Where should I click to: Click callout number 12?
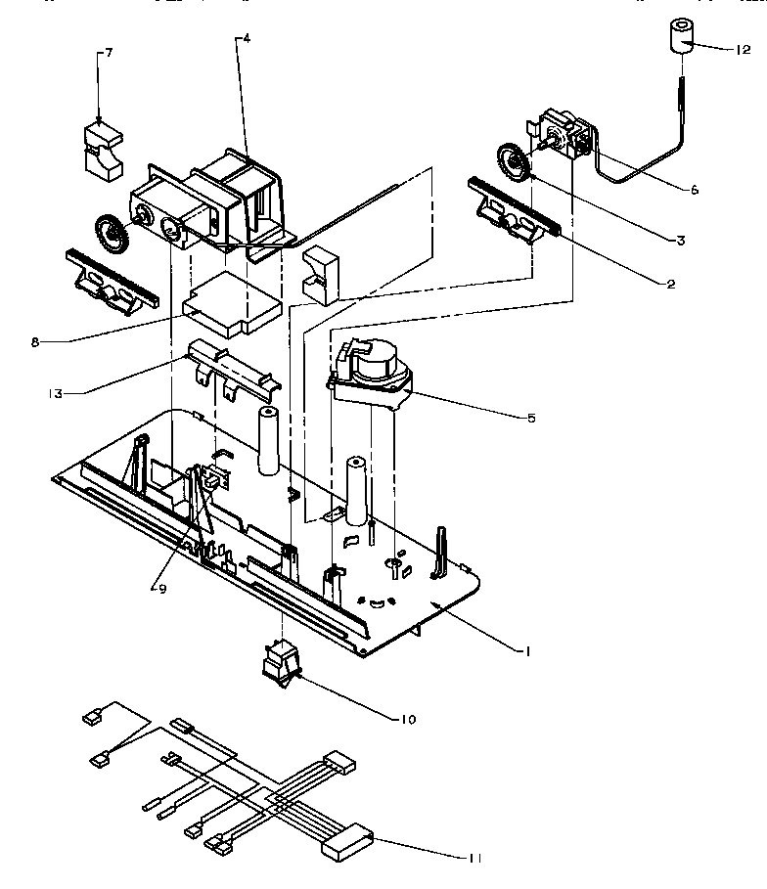click(743, 48)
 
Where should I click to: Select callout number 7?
click(108, 53)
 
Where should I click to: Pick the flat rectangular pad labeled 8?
click(232, 302)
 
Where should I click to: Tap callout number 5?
click(531, 418)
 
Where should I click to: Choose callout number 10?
click(407, 720)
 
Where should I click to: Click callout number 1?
click(527, 650)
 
